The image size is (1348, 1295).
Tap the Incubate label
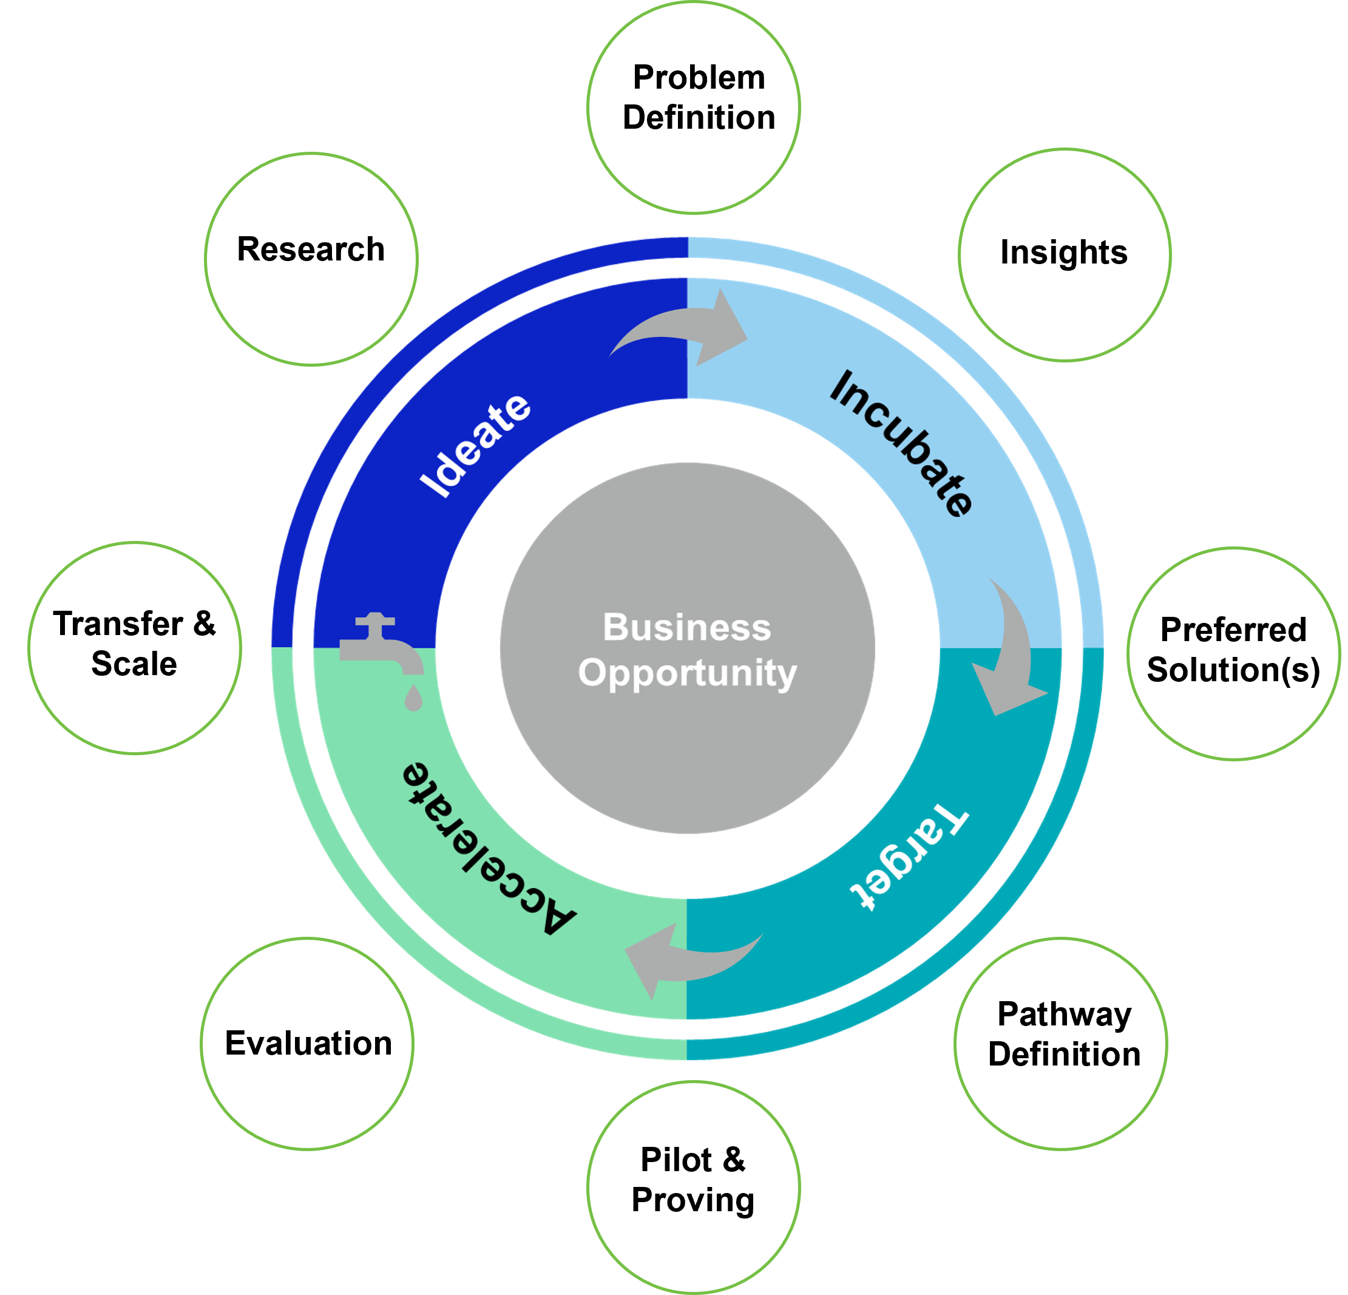[x=901, y=443]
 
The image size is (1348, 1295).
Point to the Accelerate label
[x=489, y=849]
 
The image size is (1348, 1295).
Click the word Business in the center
[x=686, y=628]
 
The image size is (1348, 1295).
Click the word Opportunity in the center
[x=686, y=673]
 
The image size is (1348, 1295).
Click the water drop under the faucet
[x=413, y=698]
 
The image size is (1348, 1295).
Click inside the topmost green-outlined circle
[x=693, y=107]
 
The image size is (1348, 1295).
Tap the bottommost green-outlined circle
[x=693, y=1186]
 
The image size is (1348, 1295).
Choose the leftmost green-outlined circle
[x=135, y=648]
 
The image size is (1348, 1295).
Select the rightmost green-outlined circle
[x=1234, y=654]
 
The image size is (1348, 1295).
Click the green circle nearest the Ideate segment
[x=311, y=259]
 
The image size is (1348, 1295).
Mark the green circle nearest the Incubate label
[x=1065, y=254]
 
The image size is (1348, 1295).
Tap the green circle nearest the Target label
[x=1060, y=1043]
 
